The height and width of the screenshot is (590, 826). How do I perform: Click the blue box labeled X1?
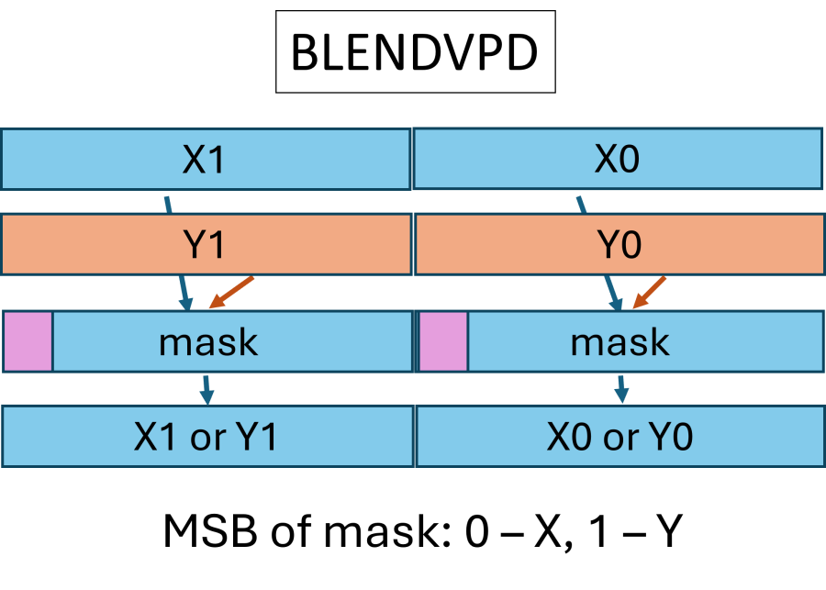(x=205, y=160)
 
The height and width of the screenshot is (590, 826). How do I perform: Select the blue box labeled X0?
(x=618, y=160)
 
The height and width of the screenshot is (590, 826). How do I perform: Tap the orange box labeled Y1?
(x=205, y=245)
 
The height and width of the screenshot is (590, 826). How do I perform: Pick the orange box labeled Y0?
(x=619, y=245)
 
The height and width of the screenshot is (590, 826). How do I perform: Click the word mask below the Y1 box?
(x=208, y=341)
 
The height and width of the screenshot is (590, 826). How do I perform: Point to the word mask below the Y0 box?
(x=620, y=341)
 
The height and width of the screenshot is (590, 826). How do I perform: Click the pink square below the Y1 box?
(x=28, y=341)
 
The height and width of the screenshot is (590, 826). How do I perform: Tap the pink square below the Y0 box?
(x=443, y=341)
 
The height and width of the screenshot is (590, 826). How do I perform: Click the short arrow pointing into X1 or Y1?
(x=206, y=389)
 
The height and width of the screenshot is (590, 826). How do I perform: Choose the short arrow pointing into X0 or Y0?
(x=621, y=389)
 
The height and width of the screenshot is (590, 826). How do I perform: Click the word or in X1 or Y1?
(x=207, y=438)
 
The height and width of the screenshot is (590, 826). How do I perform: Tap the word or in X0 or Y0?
(x=619, y=438)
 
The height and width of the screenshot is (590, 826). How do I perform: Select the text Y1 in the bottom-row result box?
(x=256, y=438)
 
